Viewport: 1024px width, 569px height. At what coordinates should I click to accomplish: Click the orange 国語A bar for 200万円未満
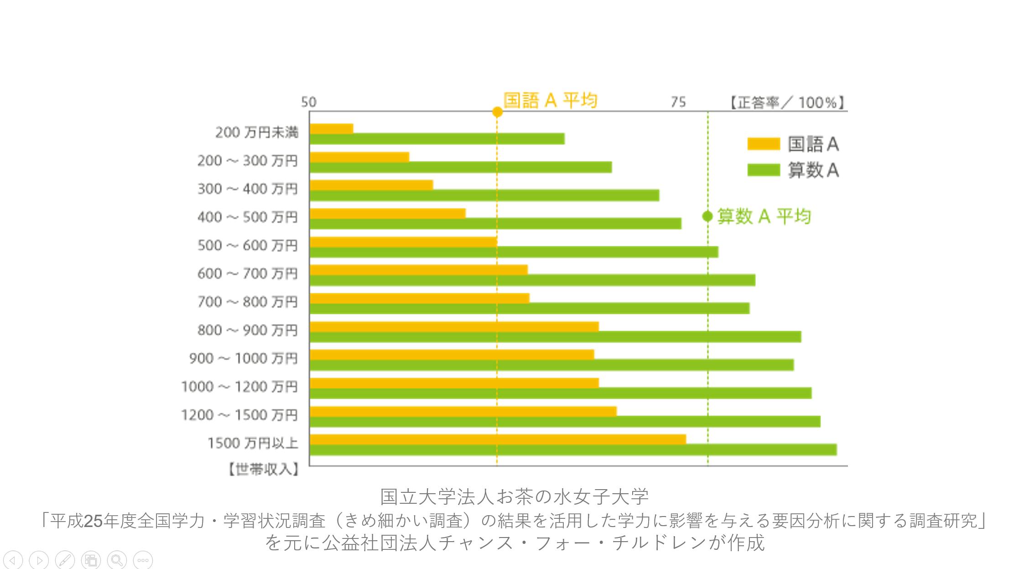[x=331, y=129]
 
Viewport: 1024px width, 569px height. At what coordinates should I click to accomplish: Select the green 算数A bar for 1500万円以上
[x=573, y=449]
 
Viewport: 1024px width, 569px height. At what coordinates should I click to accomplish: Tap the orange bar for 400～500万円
[x=387, y=213]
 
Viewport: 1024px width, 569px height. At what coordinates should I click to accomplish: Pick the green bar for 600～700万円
[x=532, y=280]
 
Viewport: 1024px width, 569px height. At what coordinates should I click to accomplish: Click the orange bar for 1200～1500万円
[x=463, y=411]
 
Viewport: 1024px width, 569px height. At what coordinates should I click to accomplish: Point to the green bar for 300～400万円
[x=484, y=196]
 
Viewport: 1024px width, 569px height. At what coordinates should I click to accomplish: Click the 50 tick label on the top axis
[x=308, y=102]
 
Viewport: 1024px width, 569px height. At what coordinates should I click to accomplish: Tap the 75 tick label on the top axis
[x=678, y=102]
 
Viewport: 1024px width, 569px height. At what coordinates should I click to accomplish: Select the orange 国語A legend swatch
[x=763, y=144]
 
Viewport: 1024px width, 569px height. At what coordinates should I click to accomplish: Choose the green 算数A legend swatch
[x=763, y=170]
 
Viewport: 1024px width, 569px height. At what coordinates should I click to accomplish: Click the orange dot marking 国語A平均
[x=497, y=112]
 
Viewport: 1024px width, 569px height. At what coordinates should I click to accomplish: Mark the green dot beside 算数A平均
[x=707, y=216]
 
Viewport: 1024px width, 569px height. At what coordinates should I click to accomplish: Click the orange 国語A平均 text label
[x=550, y=100]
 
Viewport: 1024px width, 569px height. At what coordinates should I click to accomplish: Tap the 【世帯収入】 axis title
[x=263, y=469]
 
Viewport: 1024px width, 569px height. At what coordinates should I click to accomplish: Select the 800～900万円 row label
[x=247, y=330]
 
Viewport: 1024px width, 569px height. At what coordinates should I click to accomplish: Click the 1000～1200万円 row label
[x=239, y=386]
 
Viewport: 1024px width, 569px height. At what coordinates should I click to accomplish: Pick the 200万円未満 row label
[x=257, y=132]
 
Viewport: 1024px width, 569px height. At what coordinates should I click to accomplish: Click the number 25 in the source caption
[x=93, y=520]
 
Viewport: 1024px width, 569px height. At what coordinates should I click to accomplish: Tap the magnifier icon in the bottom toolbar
[x=117, y=560]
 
